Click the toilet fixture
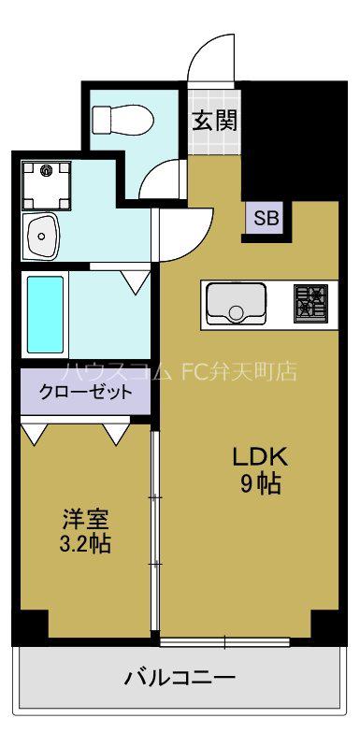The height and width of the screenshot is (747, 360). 122,119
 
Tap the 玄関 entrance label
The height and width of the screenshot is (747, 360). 214,121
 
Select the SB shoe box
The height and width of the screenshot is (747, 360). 266,218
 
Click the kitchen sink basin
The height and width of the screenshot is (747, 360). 237,305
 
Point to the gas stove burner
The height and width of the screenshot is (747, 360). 310,305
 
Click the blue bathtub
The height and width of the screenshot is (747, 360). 45,314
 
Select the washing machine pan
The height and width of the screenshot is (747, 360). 47,185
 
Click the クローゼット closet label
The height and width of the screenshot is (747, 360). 86,392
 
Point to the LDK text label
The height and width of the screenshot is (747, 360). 260,458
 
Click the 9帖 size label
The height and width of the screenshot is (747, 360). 260,484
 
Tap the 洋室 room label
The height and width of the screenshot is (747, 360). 86,519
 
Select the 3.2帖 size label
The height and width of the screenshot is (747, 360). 86,543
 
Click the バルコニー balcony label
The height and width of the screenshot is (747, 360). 180,678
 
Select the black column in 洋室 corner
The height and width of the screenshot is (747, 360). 32,625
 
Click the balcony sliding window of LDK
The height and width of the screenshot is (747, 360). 224,642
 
